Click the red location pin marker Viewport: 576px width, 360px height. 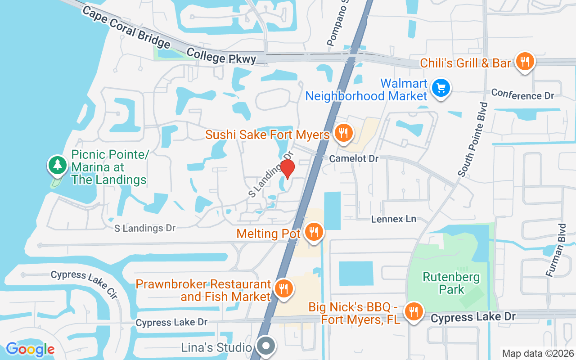point(287,168)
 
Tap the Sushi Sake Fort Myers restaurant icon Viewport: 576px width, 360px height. point(344,133)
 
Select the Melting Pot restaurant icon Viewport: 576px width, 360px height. point(313,232)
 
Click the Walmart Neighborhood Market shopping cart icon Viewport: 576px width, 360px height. point(441,88)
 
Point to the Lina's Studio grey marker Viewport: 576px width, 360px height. point(266,346)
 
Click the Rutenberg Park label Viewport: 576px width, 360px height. point(451,283)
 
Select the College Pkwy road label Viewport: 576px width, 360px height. point(221,56)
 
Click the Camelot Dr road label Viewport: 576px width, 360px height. point(354,158)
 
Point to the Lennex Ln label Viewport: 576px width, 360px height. point(393,219)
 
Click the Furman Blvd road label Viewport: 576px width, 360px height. point(555,250)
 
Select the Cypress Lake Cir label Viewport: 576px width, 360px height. point(84,284)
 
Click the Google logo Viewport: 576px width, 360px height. point(30,349)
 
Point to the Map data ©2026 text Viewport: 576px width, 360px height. point(538,353)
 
